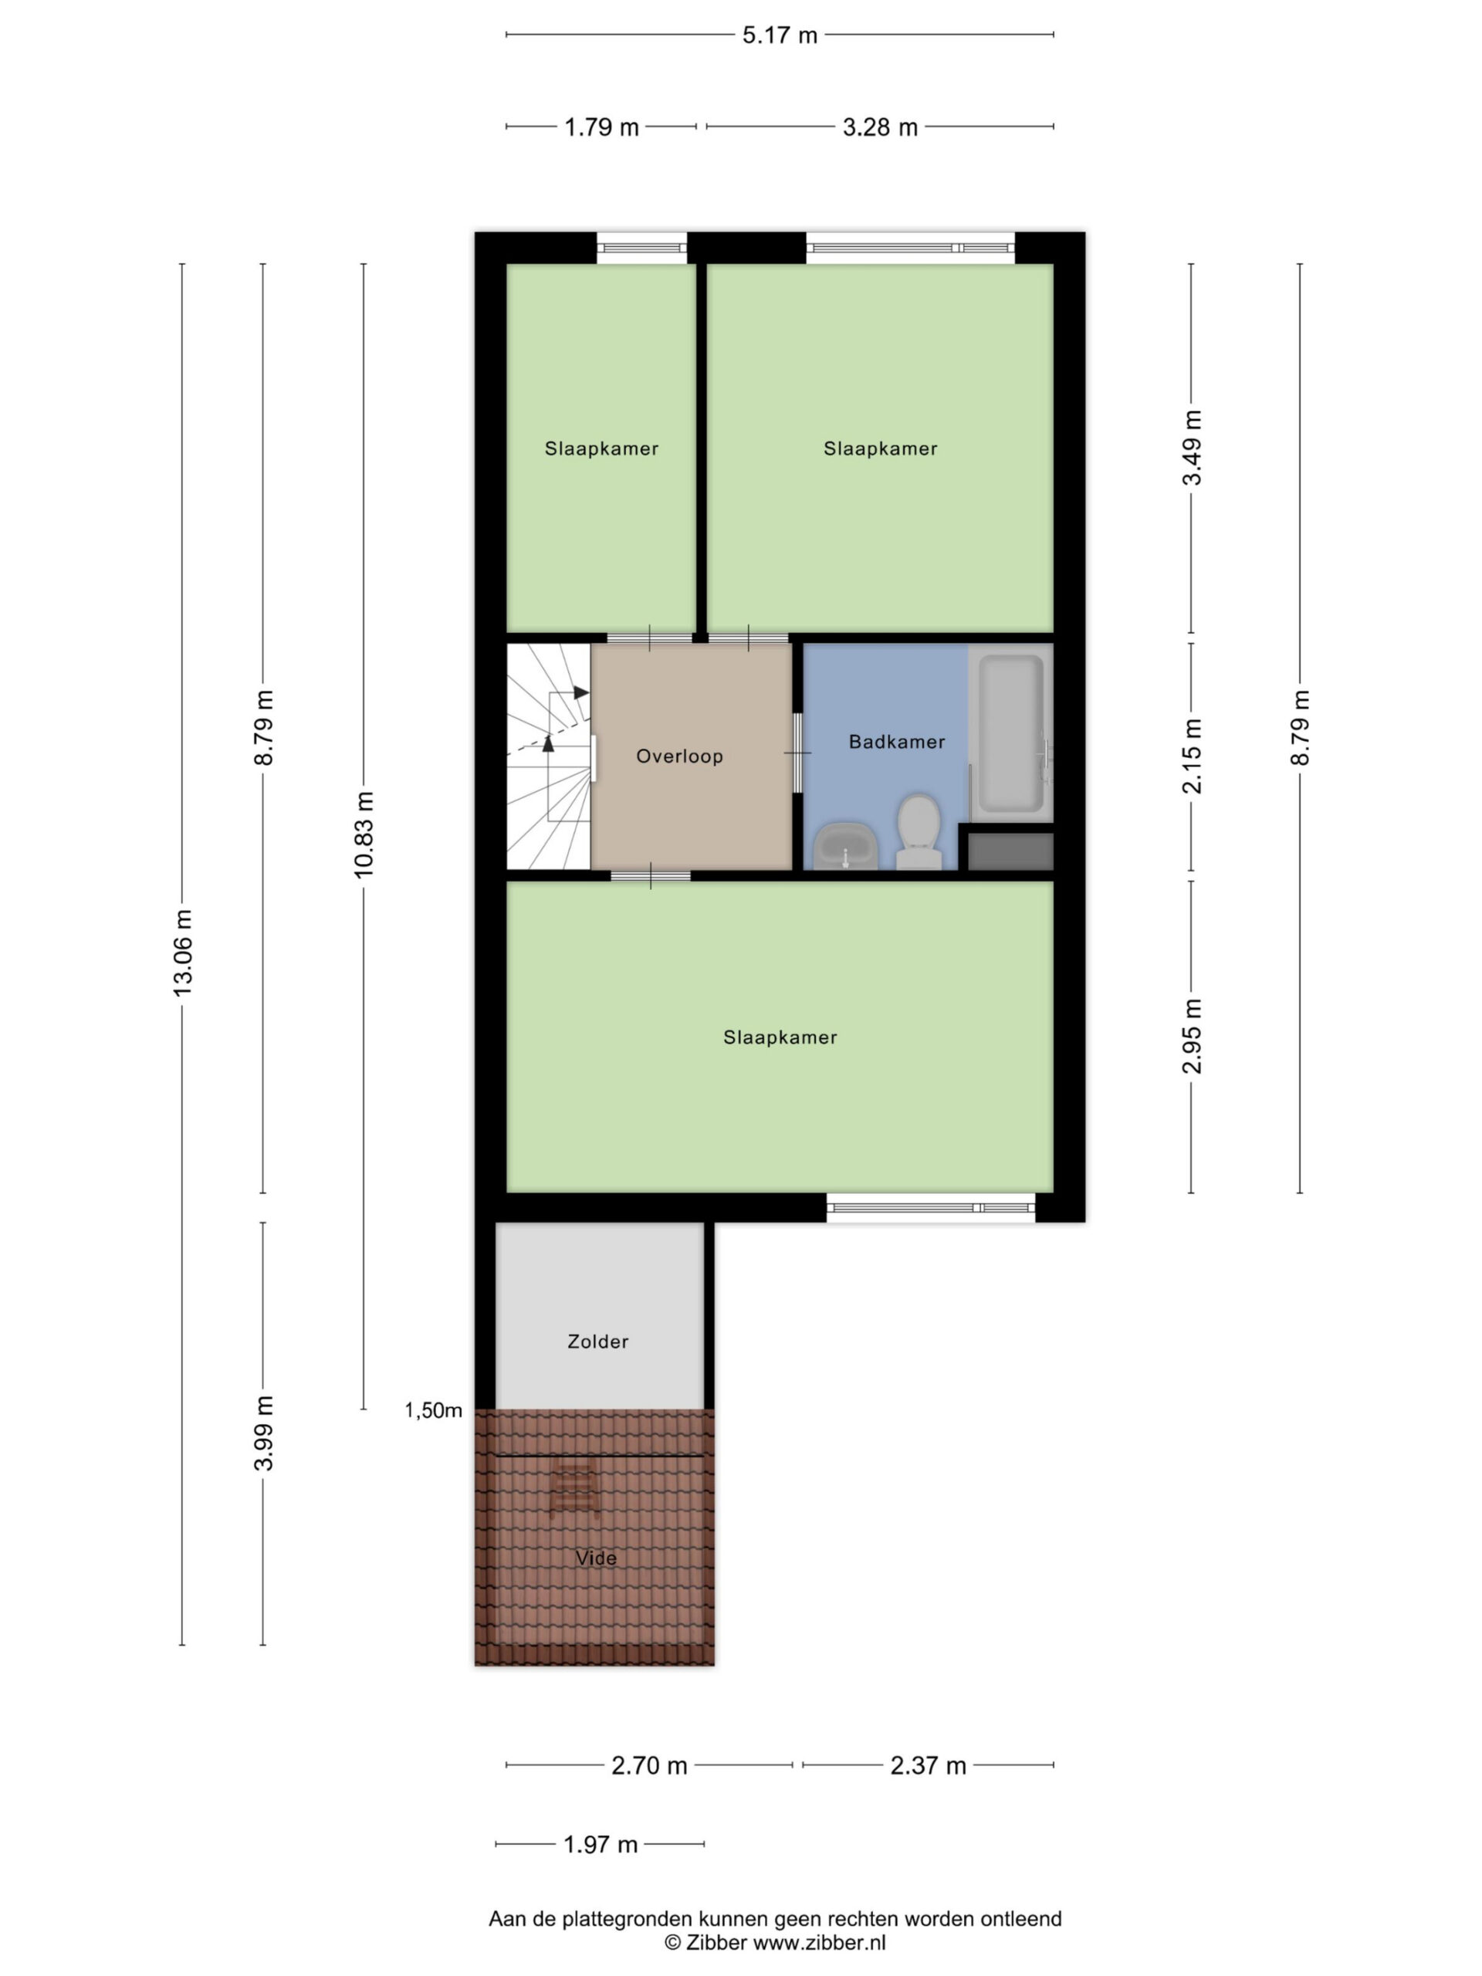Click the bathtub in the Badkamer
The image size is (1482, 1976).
coord(1010,732)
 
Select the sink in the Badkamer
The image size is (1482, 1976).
coord(844,845)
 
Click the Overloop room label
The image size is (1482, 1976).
coord(679,756)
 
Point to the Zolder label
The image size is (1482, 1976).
coord(597,1341)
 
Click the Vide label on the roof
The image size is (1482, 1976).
coord(596,1558)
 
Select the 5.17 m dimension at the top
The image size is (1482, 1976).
coord(780,35)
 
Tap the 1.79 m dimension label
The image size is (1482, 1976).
coord(601,127)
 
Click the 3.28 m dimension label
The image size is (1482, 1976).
coord(880,127)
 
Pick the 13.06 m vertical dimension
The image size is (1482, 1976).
coord(182,952)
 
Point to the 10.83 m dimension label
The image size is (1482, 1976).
coord(364,834)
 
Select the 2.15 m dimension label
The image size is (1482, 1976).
coord(1192,756)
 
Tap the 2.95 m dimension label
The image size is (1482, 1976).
coord(1192,1037)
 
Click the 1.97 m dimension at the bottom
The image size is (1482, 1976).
coord(601,1844)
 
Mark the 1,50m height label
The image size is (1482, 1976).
coord(433,1409)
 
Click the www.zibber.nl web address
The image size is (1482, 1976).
coord(819,1942)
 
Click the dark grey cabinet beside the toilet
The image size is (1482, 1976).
coord(1010,851)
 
